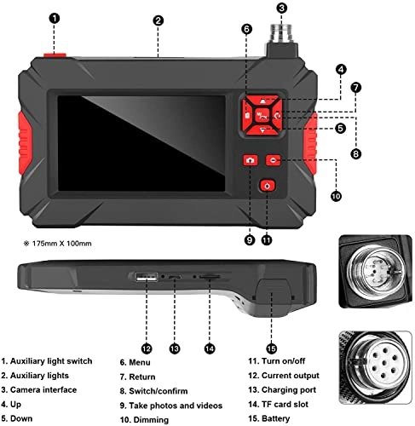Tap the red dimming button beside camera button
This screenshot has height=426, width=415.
coord(271,159)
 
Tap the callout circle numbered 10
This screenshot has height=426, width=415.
coord(335,195)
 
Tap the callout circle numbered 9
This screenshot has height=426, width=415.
coord(250,240)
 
